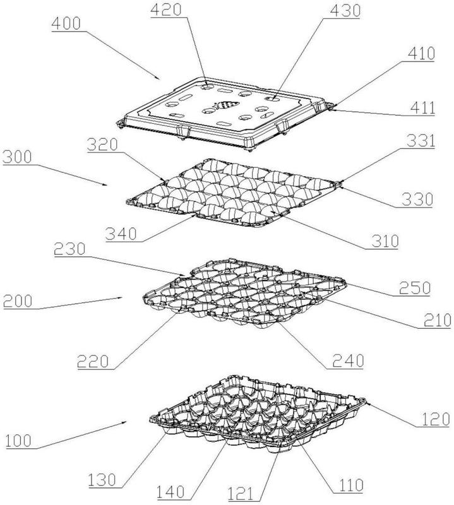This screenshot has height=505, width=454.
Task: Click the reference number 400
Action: (x=66, y=24)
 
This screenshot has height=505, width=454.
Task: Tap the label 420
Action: (x=166, y=9)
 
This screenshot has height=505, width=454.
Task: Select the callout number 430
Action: (x=345, y=11)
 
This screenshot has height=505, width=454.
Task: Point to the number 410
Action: (x=421, y=54)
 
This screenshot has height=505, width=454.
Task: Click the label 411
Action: (x=422, y=108)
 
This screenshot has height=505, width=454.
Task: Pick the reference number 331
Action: (x=421, y=141)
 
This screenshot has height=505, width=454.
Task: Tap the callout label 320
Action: (x=102, y=145)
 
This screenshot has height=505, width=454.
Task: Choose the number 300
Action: (x=18, y=157)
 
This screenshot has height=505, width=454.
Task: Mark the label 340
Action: (x=121, y=234)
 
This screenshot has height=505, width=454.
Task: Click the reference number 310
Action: (x=385, y=241)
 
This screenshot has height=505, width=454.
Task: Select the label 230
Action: (x=69, y=249)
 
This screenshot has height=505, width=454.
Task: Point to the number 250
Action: (x=415, y=288)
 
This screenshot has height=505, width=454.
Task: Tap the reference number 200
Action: (x=18, y=302)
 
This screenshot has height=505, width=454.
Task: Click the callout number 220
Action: (x=93, y=361)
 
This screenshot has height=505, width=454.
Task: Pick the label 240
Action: (x=348, y=360)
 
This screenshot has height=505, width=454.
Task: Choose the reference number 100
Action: (x=19, y=441)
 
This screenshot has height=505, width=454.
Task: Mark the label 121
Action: (x=241, y=494)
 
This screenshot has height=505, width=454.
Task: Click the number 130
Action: (x=102, y=480)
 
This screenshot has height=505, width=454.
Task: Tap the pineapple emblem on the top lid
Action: (x=225, y=105)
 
